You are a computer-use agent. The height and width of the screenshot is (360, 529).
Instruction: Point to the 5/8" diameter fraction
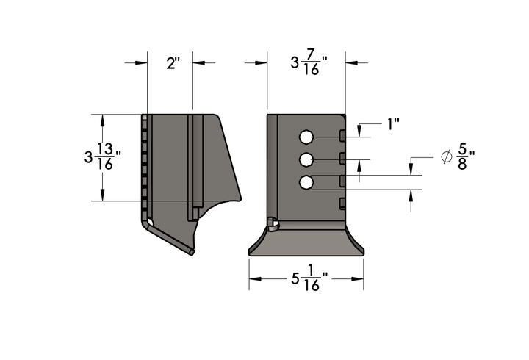(x=464, y=157)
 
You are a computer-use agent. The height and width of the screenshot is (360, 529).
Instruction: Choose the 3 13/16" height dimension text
(x=102, y=156)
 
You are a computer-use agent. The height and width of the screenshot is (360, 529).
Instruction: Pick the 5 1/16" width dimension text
(x=309, y=279)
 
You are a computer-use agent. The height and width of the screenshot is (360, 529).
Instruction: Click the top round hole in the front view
(x=306, y=137)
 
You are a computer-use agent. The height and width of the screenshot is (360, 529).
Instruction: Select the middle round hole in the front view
(x=306, y=159)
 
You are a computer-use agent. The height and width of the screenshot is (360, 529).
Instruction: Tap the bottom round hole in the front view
(x=306, y=182)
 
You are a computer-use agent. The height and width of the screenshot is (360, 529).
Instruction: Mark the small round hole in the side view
(x=150, y=221)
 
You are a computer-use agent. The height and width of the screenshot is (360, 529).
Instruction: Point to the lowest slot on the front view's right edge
(x=342, y=203)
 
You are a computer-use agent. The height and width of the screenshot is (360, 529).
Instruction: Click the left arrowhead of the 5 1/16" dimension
(x=253, y=278)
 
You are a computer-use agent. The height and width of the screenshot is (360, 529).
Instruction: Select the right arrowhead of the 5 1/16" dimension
(x=359, y=278)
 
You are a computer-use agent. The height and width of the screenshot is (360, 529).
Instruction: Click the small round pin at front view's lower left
(x=272, y=223)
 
